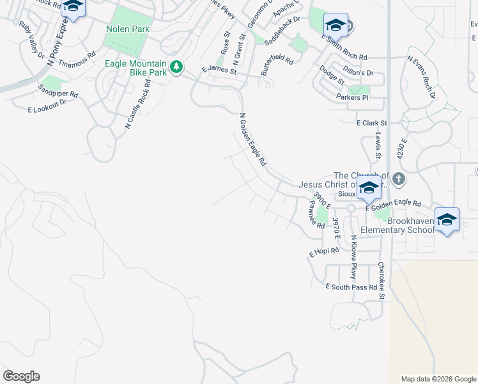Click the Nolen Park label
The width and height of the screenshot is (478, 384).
(x=128, y=29)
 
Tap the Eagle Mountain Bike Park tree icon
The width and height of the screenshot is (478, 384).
(x=176, y=66)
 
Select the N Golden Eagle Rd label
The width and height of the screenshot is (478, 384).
(x=252, y=140)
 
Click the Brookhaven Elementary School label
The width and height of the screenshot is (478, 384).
(x=396, y=225)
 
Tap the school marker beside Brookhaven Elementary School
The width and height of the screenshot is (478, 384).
(x=447, y=220)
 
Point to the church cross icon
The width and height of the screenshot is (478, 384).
(x=399, y=179)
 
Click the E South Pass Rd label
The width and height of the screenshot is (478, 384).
(x=351, y=287)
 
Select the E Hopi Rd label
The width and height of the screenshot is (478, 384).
(x=324, y=252)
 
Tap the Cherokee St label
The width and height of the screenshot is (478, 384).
(x=382, y=280)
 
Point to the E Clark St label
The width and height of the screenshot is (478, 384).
(x=371, y=122)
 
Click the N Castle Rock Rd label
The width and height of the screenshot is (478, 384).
(x=137, y=105)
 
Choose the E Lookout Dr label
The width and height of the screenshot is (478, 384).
(x=47, y=107)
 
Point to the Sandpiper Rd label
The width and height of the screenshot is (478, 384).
(x=58, y=90)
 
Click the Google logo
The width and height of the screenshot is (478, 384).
(x=21, y=376)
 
